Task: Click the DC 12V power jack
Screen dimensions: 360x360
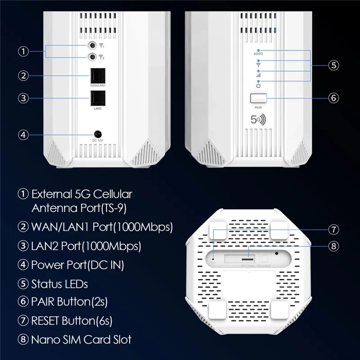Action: coord(97,134)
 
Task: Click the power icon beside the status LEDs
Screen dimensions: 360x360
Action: coord(258,85)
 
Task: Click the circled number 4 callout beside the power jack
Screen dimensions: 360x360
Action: coord(23,134)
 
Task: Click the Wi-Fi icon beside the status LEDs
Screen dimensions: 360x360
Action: coord(258,64)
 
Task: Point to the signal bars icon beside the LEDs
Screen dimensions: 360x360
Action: coord(258,75)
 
